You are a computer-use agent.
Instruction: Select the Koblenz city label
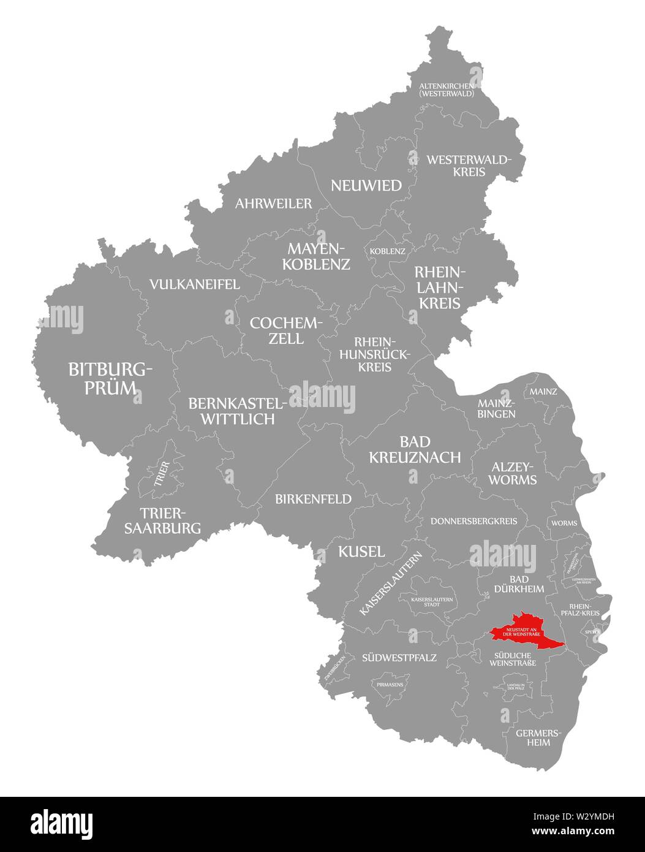coord(387,251)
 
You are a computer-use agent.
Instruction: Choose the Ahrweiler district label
coord(273,203)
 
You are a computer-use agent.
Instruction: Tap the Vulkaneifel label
coord(195,284)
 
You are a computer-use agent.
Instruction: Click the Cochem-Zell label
coord(286,330)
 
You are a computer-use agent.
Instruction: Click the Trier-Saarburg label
coord(162,520)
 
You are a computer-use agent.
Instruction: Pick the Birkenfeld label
coord(314,499)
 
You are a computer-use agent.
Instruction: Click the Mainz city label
coord(543,391)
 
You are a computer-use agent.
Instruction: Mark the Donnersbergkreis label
coord(474,521)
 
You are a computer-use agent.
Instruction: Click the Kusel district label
coord(362,551)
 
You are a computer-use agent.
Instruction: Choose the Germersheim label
coord(533,737)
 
